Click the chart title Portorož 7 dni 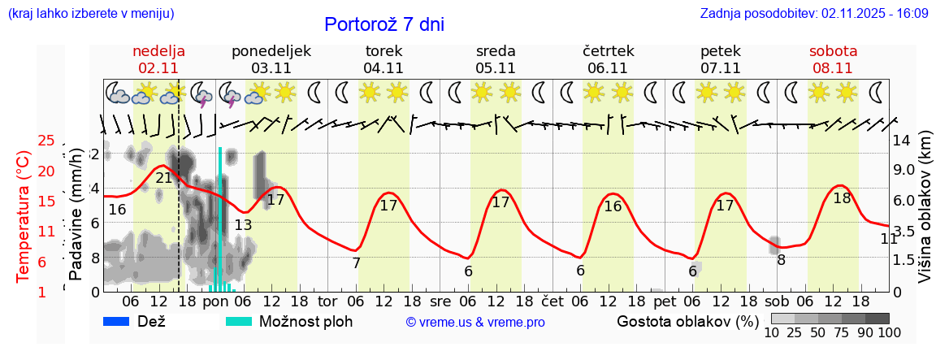pyautogui.click(x=383, y=24)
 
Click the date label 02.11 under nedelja pyautogui.click(x=158, y=68)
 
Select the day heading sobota pyautogui.click(x=833, y=50)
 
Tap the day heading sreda pyautogui.click(x=496, y=50)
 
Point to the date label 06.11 pyautogui.click(x=608, y=68)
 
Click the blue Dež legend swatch pyautogui.click(x=122, y=321)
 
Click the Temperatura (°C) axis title pyautogui.click(x=23, y=216)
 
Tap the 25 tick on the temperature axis pyautogui.click(x=46, y=141)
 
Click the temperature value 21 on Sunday pyautogui.click(x=164, y=178)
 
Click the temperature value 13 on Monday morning pyautogui.click(x=243, y=225)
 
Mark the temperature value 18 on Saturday pyautogui.click(x=842, y=197)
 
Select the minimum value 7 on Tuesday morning pyautogui.click(x=356, y=262)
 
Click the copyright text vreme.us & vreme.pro pyautogui.click(x=475, y=322)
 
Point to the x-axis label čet pyautogui.click(x=552, y=300)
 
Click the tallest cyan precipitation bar pyautogui.click(x=220, y=219)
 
